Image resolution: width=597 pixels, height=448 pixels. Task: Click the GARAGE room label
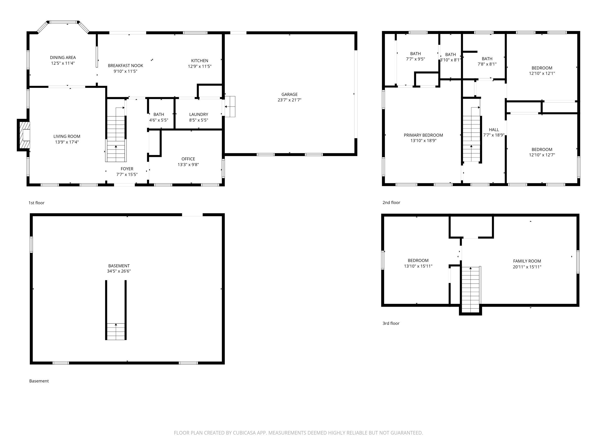point(289,94)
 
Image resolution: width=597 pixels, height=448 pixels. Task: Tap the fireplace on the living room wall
point(24,135)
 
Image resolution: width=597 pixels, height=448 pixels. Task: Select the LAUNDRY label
point(199,114)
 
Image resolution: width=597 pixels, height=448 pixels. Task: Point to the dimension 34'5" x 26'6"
point(119,271)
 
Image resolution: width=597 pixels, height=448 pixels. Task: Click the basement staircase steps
point(116,332)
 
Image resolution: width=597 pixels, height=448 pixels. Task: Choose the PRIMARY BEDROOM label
point(423,135)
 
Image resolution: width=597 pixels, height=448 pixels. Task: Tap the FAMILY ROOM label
point(527,261)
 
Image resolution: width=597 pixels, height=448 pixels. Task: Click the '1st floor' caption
point(37,203)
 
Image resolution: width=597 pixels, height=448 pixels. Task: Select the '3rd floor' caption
point(391,323)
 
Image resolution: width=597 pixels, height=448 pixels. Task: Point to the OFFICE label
point(188,159)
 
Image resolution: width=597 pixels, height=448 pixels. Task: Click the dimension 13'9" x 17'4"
point(67,142)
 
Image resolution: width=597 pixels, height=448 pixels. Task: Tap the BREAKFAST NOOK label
point(126,66)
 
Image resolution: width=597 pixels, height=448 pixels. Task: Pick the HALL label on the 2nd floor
point(494,130)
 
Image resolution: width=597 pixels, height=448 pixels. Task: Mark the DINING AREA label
point(63,58)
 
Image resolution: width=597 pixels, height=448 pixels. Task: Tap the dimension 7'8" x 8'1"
point(487,64)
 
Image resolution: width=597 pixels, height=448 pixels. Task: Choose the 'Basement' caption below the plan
point(39,381)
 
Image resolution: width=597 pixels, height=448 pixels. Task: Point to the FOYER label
point(127,169)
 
